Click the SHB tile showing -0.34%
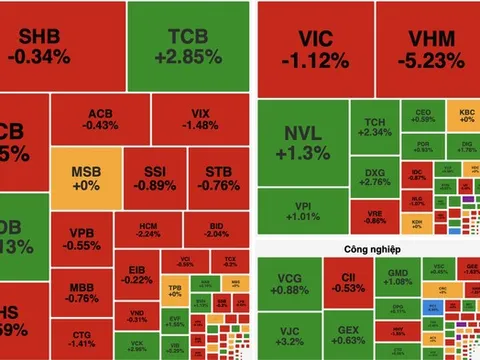pyautogui.click(x=62, y=46)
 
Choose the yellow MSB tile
pyautogui.click(x=85, y=178)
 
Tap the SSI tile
pyautogui.click(x=154, y=178)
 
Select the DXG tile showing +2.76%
pyautogui.click(x=372, y=177)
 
